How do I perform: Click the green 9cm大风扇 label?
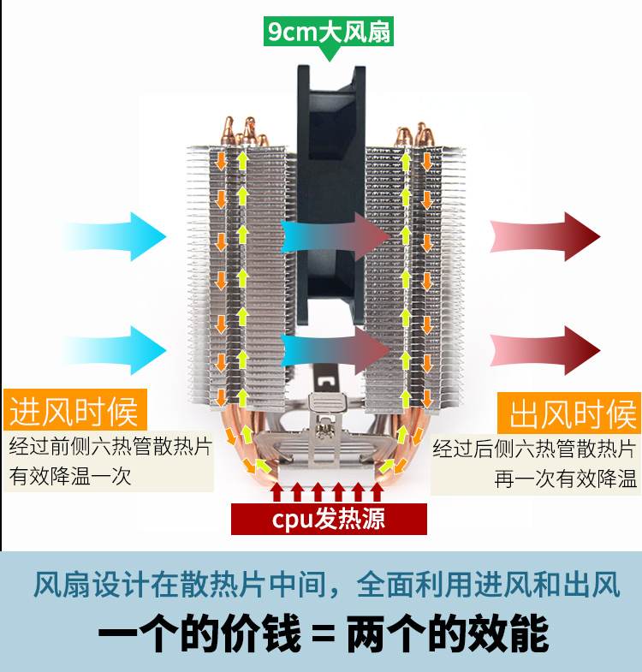coord(329,33)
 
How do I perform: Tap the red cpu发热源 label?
coord(329,519)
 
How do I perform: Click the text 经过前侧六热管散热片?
coord(109,448)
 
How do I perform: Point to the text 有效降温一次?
coord(70,476)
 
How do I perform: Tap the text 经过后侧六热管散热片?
coord(534,449)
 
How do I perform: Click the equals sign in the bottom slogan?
coord(322,636)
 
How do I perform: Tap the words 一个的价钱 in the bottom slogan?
coord(199,636)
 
